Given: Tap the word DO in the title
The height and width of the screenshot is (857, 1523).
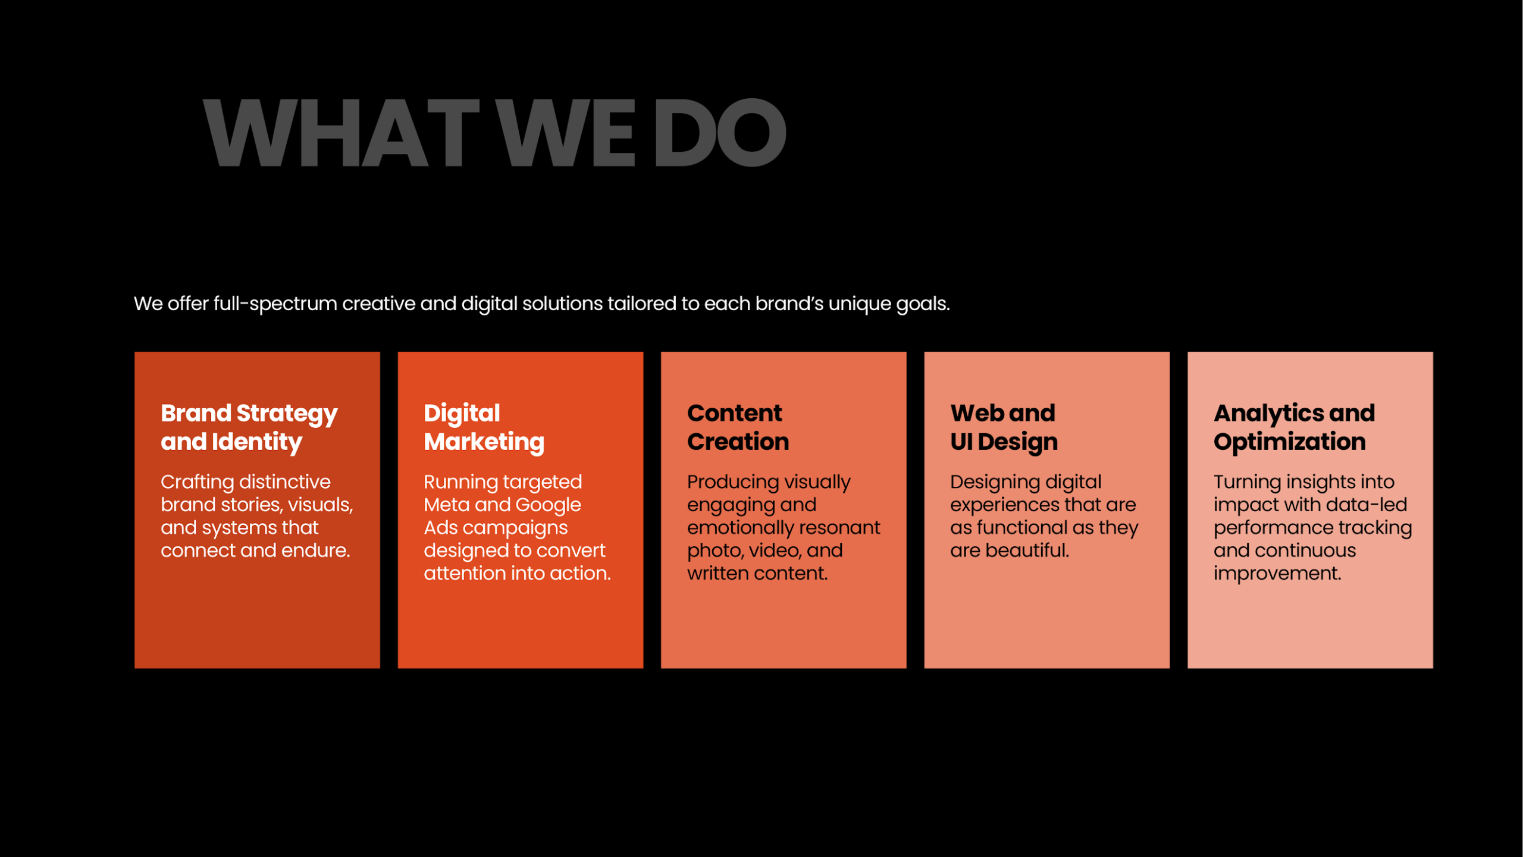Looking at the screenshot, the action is coord(720,133).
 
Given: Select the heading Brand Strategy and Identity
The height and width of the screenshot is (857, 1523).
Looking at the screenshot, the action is coord(249,427).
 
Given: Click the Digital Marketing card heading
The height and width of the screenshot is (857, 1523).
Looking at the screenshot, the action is coord(484,427).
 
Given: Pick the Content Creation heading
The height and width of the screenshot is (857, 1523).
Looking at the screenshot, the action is coord(738,427).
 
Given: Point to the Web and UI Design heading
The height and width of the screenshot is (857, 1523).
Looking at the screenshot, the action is coord(1004,427).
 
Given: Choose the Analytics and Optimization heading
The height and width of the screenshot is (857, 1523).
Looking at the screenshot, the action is coord(1295,427).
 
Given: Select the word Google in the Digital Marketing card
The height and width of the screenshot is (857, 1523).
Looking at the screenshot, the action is coord(548,505).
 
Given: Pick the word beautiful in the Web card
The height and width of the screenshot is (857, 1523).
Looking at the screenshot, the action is coord(1027,551).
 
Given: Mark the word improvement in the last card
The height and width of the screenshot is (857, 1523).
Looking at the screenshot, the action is coord(1277,574).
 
